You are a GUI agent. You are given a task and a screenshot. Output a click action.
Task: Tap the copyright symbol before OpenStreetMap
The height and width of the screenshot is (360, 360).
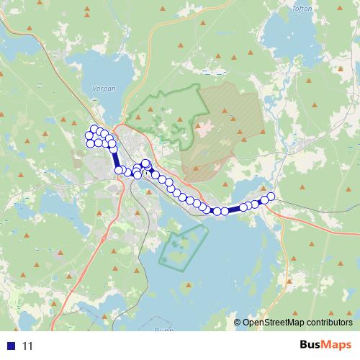click(238, 323)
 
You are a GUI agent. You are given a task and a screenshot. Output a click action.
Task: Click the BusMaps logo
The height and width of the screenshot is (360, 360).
click(325, 345)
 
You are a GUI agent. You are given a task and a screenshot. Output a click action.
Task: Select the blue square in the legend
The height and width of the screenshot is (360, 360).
click(12, 346)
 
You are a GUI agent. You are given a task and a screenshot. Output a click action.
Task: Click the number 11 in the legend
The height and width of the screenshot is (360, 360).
click(27, 346)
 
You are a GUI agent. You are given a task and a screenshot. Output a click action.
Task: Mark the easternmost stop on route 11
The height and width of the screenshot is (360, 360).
click(271, 196)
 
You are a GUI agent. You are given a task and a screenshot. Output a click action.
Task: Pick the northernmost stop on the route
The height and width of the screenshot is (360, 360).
click(94, 129)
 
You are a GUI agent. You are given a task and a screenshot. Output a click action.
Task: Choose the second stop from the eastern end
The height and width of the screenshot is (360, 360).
click(264, 199)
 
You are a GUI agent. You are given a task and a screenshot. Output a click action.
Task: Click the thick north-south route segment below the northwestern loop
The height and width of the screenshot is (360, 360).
click(115, 157)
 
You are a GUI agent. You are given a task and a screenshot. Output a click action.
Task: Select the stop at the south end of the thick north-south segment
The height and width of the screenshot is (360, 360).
click(119, 170)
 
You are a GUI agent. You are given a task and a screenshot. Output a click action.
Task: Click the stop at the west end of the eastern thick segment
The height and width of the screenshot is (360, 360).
click(225, 211)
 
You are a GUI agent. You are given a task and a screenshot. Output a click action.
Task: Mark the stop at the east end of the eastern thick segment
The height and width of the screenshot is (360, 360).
click(243, 207)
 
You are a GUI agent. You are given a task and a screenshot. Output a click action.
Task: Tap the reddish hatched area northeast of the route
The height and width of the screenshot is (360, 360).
click(223, 130)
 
